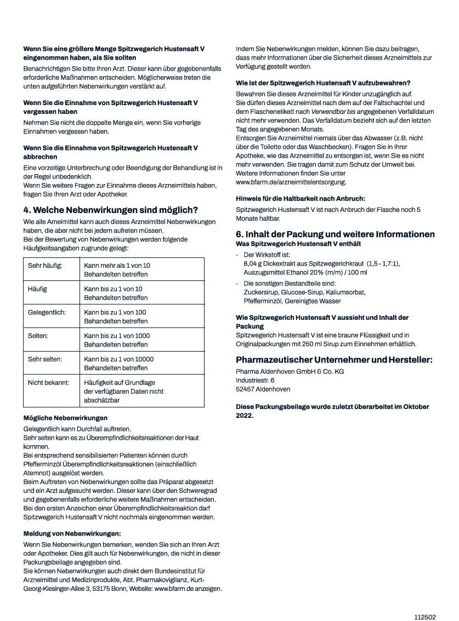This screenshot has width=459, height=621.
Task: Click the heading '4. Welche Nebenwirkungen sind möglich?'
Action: [110, 210]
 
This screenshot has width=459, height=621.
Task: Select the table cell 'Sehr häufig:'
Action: [46, 265]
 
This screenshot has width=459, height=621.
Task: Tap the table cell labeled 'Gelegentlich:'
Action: [47, 312]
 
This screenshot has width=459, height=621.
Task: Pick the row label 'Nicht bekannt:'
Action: [49, 382]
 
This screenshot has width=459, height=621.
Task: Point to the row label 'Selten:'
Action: [38, 335]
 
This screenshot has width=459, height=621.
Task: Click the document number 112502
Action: [424, 617]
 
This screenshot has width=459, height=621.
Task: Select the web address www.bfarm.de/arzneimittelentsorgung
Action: [291, 182]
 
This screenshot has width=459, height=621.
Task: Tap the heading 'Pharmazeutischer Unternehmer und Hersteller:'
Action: [334, 360]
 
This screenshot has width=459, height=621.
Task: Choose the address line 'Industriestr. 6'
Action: [255, 380]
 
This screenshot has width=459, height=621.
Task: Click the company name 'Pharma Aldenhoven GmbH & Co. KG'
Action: [290, 371]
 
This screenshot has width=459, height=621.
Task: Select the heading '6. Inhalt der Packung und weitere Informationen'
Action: [335, 234]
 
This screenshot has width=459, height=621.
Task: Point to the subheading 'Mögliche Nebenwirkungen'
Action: [65, 417]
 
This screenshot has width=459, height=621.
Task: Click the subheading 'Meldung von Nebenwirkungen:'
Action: [72, 533]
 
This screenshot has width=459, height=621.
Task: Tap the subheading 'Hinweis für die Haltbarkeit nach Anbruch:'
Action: [300, 198]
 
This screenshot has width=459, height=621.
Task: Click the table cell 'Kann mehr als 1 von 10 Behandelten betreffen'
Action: [117, 269]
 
